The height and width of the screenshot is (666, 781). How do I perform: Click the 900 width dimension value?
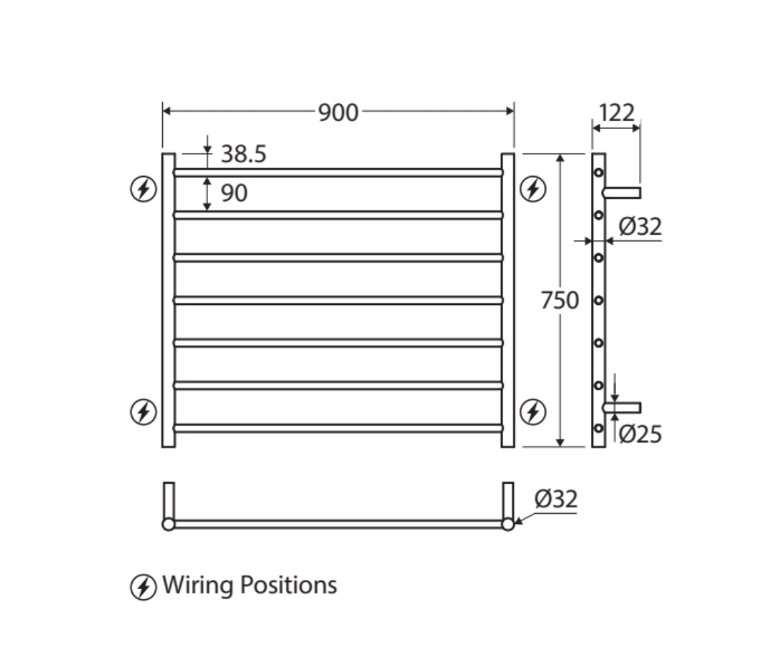coord(338,112)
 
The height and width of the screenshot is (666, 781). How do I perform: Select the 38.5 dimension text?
coord(243,154)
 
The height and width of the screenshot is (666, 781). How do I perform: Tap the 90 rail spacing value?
coord(234,193)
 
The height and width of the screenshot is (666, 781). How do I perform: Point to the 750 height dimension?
coord(560,300)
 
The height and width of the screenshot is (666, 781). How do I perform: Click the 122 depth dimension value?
coord(616,113)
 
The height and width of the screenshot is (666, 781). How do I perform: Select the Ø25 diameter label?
coord(640,434)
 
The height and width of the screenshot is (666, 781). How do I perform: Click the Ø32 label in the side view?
coord(640,227)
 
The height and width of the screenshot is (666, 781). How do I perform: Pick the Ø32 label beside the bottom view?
coord(556,499)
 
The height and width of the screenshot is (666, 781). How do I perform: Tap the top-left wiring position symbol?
coord(143,189)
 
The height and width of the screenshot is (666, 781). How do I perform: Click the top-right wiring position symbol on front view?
coord(533,189)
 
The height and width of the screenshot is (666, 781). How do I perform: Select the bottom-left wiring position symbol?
coord(143,411)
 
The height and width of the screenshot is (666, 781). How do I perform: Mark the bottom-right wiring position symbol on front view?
coord(533,411)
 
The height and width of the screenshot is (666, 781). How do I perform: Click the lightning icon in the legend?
coord(143,587)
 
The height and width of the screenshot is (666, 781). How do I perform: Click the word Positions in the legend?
coord(288,586)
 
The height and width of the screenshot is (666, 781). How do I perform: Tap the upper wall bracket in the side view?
coord(622,192)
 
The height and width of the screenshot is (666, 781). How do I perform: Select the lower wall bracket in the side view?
coord(622,408)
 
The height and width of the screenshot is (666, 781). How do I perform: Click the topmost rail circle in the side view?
coord(599,172)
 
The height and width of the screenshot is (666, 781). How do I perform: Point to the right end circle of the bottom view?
coord(508,524)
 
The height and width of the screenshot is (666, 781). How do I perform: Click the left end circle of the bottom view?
coord(169,524)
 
